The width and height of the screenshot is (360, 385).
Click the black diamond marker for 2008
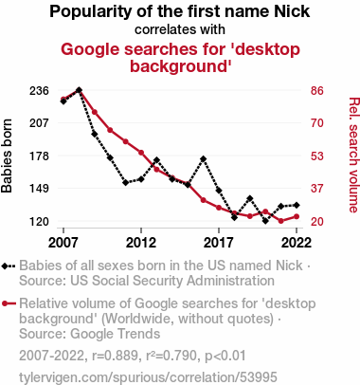[x=79, y=90]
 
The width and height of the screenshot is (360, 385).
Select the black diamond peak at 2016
[x=203, y=158]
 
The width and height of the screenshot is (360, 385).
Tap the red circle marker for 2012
[x=141, y=153]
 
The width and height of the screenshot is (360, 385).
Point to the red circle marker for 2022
[x=297, y=216]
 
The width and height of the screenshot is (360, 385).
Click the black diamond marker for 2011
[x=126, y=182]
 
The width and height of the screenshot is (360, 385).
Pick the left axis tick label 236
[x=39, y=91]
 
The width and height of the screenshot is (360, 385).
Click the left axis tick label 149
[x=39, y=189]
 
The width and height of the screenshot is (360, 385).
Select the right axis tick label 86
[x=317, y=91]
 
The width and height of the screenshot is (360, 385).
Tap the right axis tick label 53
[x=317, y=156]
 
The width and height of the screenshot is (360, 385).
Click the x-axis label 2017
[x=219, y=243]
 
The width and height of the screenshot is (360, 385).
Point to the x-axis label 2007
[x=63, y=243]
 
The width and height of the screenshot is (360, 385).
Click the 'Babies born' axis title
[x=7, y=156]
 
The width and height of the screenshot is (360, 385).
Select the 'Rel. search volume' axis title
[x=353, y=155]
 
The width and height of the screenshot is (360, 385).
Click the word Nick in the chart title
[x=292, y=11]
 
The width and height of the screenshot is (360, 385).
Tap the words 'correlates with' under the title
[x=180, y=29]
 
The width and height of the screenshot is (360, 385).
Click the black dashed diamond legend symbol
[x=9, y=266]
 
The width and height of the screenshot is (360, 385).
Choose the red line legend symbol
[x=9, y=303]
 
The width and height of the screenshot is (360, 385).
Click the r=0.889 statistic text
[x=115, y=356]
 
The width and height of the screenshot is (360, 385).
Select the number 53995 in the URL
[x=258, y=377]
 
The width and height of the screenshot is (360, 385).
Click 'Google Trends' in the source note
[x=115, y=334]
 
